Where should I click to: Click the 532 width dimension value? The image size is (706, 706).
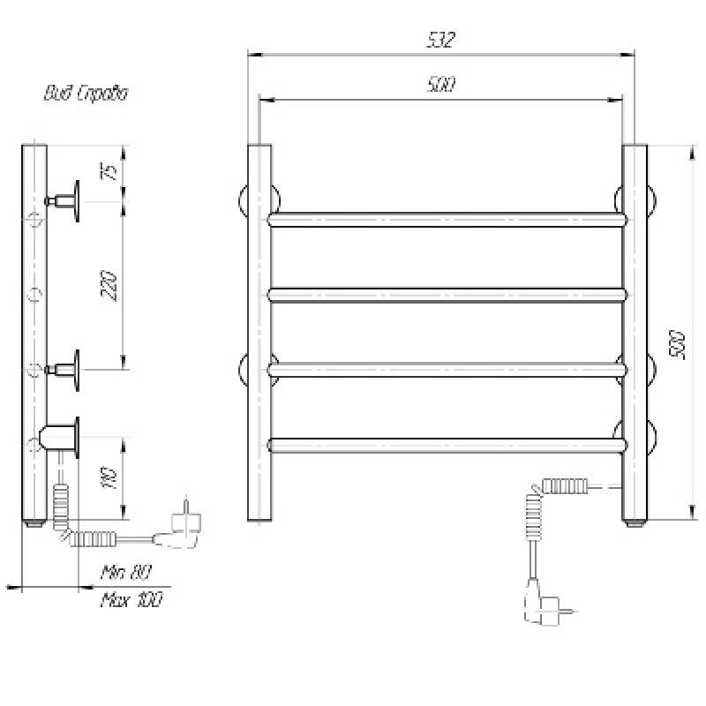pos(441,41)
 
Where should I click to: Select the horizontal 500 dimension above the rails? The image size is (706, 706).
pos(441,85)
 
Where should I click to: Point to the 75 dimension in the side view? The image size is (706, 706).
pos(109,171)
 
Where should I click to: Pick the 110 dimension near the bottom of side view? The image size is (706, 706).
pos(109,477)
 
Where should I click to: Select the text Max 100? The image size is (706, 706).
pos(131,600)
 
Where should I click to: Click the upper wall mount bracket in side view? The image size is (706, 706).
pos(71,200)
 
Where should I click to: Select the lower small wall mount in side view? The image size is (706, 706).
pos(71,367)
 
